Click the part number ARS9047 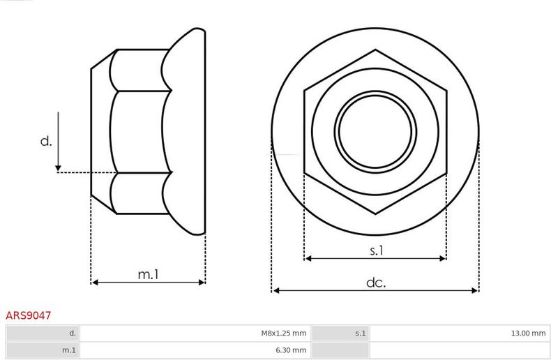tap(28, 315)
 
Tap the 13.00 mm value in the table tap(528, 333)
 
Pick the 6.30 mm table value tap(291, 350)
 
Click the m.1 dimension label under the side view tap(149, 274)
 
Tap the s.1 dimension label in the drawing tap(377, 250)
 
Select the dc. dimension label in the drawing tap(376, 283)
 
